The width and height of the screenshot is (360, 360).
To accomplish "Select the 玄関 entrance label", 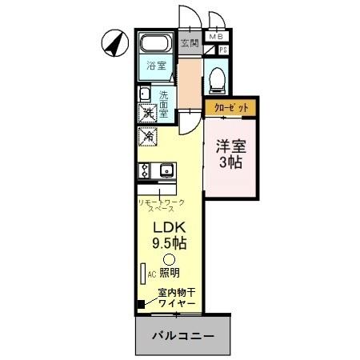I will pyautogui.click(x=189, y=42).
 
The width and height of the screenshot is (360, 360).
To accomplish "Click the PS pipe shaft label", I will pyautogui.click(x=223, y=50).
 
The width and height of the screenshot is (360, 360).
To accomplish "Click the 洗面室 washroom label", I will pyautogui.click(x=163, y=103).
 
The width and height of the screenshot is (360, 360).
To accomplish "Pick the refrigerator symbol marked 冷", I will pyautogui.click(x=148, y=138).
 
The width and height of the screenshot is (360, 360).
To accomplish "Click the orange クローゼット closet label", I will pyautogui.click(x=231, y=106).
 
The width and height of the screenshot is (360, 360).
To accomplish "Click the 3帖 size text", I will pyautogui.click(x=232, y=162).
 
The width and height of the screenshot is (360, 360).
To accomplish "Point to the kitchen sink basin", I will pyautogui.click(x=166, y=170).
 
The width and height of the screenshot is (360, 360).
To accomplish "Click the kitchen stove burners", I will pyautogui.click(x=144, y=170).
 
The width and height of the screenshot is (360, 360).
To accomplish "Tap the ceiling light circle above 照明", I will pyautogui.click(x=169, y=259).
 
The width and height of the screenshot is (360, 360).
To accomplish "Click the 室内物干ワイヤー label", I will pyautogui.click(x=178, y=298).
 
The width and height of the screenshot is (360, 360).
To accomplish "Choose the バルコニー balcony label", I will pyautogui.click(x=184, y=336).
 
